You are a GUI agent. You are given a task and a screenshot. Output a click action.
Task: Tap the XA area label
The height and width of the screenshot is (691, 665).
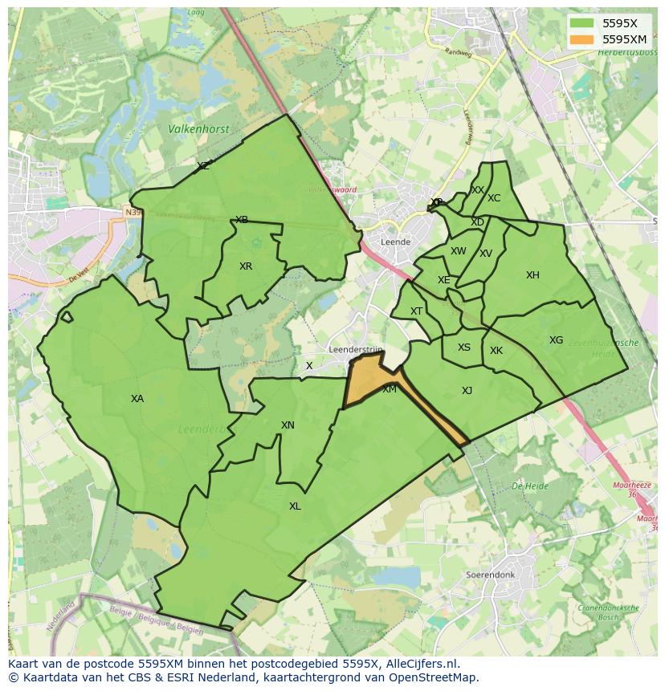tap(137, 399)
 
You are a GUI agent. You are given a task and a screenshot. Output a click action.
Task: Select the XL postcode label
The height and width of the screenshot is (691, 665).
tap(295, 506)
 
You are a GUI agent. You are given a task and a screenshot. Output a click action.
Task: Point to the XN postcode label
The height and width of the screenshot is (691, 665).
tap(288, 425)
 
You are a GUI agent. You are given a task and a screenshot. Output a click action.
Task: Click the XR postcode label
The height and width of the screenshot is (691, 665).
tap(246, 266)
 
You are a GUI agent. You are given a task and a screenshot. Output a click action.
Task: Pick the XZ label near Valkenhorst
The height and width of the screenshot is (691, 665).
tap(203, 166)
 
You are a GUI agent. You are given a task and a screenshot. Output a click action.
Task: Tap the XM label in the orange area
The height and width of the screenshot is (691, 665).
tap(390, 389)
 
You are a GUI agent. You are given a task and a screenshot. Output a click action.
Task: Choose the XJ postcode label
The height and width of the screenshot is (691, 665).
tap(467, 391)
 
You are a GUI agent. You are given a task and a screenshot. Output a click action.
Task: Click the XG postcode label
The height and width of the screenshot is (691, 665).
tap(556, 340)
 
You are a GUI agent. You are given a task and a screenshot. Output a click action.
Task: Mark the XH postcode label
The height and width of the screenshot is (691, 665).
tap(532, 275)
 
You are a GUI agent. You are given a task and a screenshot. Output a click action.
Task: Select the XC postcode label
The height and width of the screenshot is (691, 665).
tap(494, 198)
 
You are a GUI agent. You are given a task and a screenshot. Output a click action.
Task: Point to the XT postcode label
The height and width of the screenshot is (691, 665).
tap(416, 311)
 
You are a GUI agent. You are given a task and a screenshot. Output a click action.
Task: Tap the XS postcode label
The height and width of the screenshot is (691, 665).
tap(464, 348)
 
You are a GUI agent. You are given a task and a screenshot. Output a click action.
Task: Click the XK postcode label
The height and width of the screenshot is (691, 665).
tap(496, 351)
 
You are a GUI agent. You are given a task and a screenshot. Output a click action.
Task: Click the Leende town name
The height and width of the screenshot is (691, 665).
tap(396, 242)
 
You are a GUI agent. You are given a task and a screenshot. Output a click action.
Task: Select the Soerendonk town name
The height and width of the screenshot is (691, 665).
tap(489, 575)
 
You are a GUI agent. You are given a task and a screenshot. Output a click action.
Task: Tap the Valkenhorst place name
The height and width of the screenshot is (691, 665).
tap(198, 128)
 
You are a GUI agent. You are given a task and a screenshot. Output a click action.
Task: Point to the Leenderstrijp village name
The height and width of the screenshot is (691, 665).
tap(356, 350)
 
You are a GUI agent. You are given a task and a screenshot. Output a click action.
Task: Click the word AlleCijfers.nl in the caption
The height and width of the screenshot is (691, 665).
tap(418, 664)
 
